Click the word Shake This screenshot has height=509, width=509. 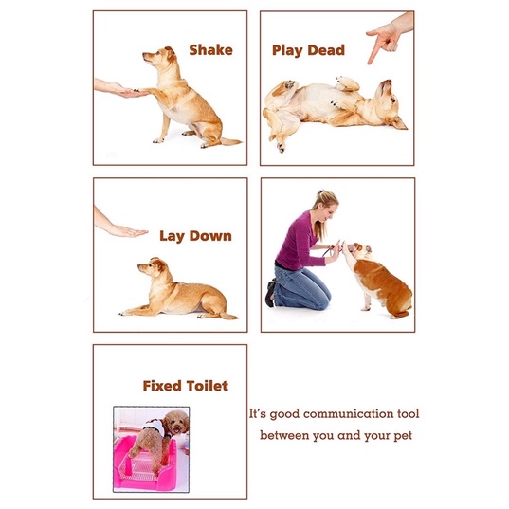(210, 50)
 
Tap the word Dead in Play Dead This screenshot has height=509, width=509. (326, 50)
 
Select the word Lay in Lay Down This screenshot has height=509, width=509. (172, 236)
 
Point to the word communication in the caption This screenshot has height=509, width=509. (347, 414)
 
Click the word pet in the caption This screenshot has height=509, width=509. (403, 436)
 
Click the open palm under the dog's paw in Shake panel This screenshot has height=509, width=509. (128, 91)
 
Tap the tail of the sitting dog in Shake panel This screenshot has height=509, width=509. (231, 141)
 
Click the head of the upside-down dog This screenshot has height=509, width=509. (390, 105)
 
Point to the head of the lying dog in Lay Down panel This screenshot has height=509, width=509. (154, 267)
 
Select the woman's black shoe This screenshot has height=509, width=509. (270, 294)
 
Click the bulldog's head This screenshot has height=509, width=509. (358, 250)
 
